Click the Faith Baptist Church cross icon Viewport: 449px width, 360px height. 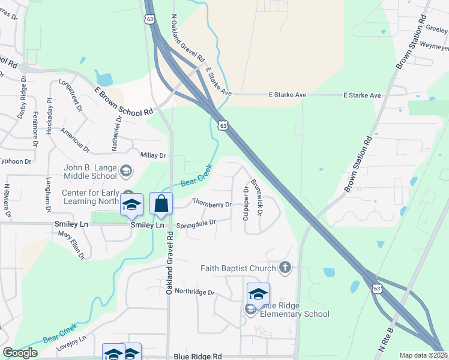[x=285, y=268]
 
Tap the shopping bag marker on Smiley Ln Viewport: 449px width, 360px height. [x=161, y=204]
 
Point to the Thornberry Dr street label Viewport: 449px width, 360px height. [x=212, y=203]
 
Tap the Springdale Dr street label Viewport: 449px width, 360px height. [x=195, y=224]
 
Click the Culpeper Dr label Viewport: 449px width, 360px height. [x=246, y=203]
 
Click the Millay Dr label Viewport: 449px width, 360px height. [x=153, y=155]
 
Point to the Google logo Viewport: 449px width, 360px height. [x=20, y=353]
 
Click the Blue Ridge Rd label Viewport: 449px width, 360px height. [x=197, y=356]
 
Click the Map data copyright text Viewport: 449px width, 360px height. [x=423, y=355]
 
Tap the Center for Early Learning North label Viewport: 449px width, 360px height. [x=90, y=197]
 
